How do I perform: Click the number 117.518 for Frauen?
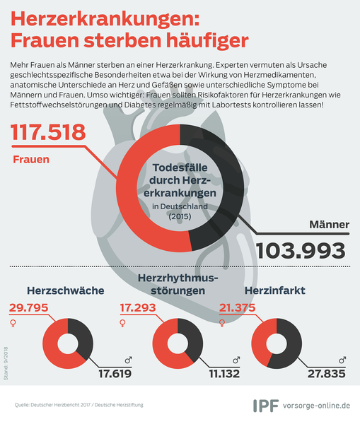click(x=48, y=132)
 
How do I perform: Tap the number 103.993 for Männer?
click(x=301, y=251)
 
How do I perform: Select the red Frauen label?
click(x=31, y=159)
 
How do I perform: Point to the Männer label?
click(x=329, y=224)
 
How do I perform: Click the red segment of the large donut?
click(x=127, y=189)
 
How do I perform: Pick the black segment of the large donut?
click(x=233, y=187)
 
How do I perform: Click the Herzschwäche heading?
click(x=66, y=290)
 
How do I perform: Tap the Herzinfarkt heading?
click(x=275, y=290)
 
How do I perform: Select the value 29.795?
click(x=29, y=307)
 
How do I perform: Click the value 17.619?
click(x=115, y=374)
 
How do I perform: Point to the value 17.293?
click(x=138, y=307)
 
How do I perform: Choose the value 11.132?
click(x=224, y=374)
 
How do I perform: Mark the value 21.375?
click(x=237, y=307)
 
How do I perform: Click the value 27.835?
click(x=327, y=374)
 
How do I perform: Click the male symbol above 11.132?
click(x=236, y=360)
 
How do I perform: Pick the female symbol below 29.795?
click(x=13, y=323)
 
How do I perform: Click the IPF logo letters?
click(x=266, y=406)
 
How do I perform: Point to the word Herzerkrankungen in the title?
click(x=105, y=18)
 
